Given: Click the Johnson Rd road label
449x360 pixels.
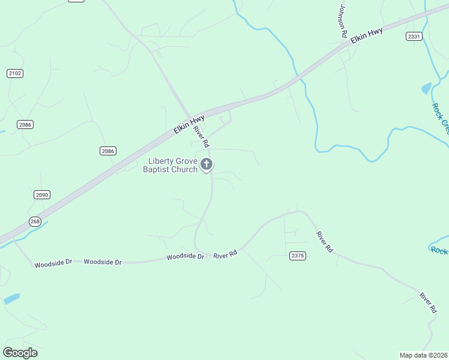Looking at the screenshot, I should point(343,22).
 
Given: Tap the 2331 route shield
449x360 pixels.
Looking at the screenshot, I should point(414,37).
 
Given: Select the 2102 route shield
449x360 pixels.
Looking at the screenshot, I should point(15,73).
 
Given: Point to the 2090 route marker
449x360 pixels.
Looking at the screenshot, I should point(41,195).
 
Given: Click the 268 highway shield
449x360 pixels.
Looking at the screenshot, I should point(35,222).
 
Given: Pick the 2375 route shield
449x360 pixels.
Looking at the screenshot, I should point(298,256).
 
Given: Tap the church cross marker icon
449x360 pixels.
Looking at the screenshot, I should point(206,164).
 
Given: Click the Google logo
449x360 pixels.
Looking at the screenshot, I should point(20,353).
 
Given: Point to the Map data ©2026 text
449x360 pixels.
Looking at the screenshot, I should point(423,355).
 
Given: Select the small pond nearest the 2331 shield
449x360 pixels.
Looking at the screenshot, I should point(427,88).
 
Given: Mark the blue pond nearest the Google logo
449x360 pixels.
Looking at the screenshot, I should point(11,298).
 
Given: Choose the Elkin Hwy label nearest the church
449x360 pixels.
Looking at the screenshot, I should point(189,122).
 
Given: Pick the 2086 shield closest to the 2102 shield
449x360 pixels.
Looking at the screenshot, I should point(25,125).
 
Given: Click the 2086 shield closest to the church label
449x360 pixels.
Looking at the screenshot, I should point(108,151).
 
